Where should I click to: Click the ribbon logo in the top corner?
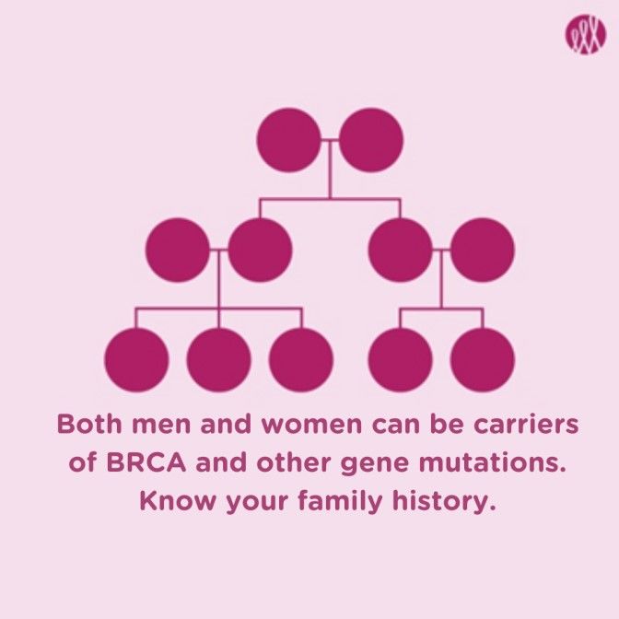click(x=586, y=34)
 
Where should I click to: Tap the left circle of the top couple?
click(x=289, y=140)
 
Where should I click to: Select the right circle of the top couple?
click(x=371, y=140)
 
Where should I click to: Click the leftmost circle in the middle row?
click(x=178, y=250)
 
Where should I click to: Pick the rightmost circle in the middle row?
click(x=483, y=250)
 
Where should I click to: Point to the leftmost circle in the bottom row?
click(x=136, y=359)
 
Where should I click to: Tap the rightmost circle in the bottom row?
click(x=483, y=359)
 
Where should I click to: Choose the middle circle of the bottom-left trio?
click(x=218, y=359)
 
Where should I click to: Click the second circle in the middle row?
click(x=260, y=250)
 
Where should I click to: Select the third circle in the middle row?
click(x=401, y=250)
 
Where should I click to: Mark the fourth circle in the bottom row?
click(x=401, y=359)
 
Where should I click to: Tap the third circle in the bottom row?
click(x=301, y=359)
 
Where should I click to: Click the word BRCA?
click(x=146, y=462)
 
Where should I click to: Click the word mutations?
click(x=492, y=462)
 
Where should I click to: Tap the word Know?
click(x=178, y=500)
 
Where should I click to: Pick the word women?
click(x=312, y=425)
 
